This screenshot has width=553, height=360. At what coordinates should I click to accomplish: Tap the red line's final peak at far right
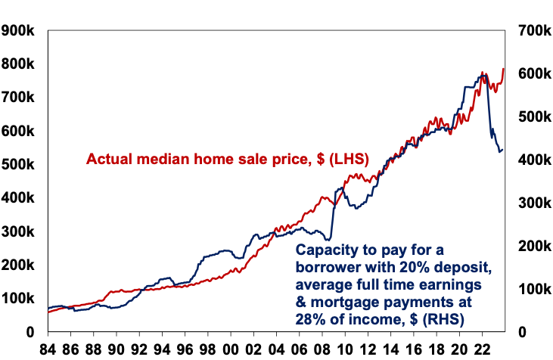pyautogui.click(x=503, y=69)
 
